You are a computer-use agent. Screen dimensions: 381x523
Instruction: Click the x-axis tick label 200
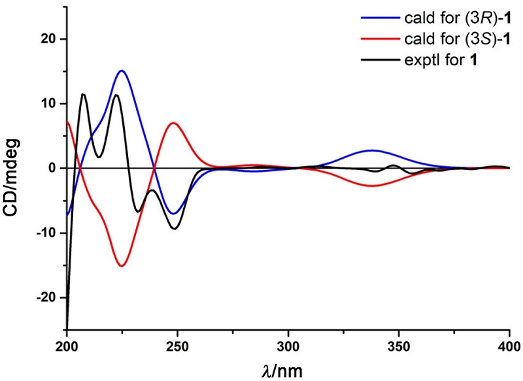tap(67, 344)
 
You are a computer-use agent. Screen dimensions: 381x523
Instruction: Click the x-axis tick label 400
tap(509, 344)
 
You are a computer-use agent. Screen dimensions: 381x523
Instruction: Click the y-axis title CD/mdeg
tap(14, 169)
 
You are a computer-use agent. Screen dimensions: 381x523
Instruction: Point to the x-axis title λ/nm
tap(288, 370)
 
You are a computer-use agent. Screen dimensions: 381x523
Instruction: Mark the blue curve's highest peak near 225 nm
tap(122, 71)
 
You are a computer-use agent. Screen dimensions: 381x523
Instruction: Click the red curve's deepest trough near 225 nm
tap(122, 266)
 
